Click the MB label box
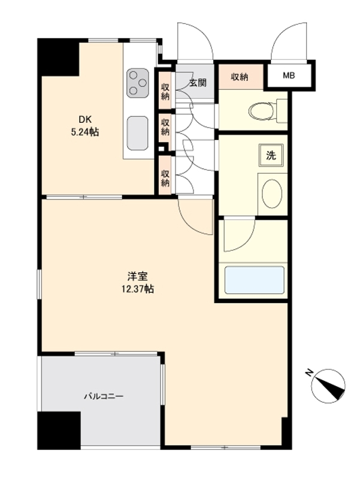pyautogui.click(x=289, y=75)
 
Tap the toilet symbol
pyautogui.click(x=267, y=110)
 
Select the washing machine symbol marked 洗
pyautogui.click(x=271, y=155)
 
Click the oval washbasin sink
pyautogui.click(x=272, y=194)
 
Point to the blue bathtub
pyautogui.click(x=254, y=280)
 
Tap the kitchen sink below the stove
pyautogui.click(x=138, y=133)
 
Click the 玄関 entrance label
pyautogui.click(x=198, y=83)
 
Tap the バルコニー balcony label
pyautogui.click(x=104, y=396)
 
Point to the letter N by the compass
pyautogui.click(x=310, y=372)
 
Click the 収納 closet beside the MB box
pyautogui.click(x=241, y=77)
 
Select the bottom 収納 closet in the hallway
pyautogui.click(x=165, y=178)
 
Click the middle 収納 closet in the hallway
pyautogui.click(x=165, y=127)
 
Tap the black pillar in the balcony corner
pyautogui.click(x=59, y=430)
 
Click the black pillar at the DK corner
pyautogui.click(x=58, y=57)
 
